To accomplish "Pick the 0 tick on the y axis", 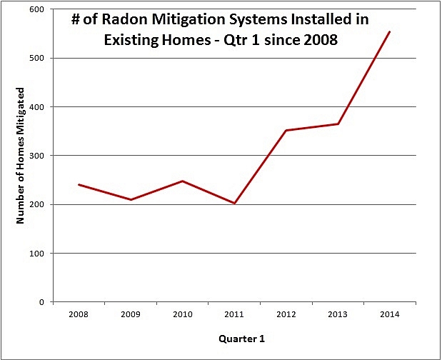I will click(43, 302).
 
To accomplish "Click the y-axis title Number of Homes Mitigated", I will click(21, 156).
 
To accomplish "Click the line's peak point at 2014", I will click(390, 31).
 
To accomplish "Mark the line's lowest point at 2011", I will click(234, 204).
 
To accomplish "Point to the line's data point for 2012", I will click(286, 130).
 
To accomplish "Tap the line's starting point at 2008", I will click(79, 184).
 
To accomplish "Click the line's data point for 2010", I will click(182, 181).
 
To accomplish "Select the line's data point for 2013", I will click(338, 124).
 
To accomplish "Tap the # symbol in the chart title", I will click(76, 21).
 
